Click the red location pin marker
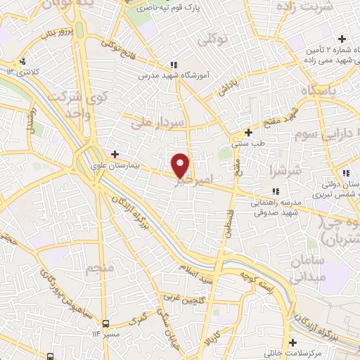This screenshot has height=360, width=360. click(181, 165)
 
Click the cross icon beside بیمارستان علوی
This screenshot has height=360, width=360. click(115, 153)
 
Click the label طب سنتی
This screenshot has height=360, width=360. click(247, 143)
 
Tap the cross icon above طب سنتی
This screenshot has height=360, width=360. click(247, 131)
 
